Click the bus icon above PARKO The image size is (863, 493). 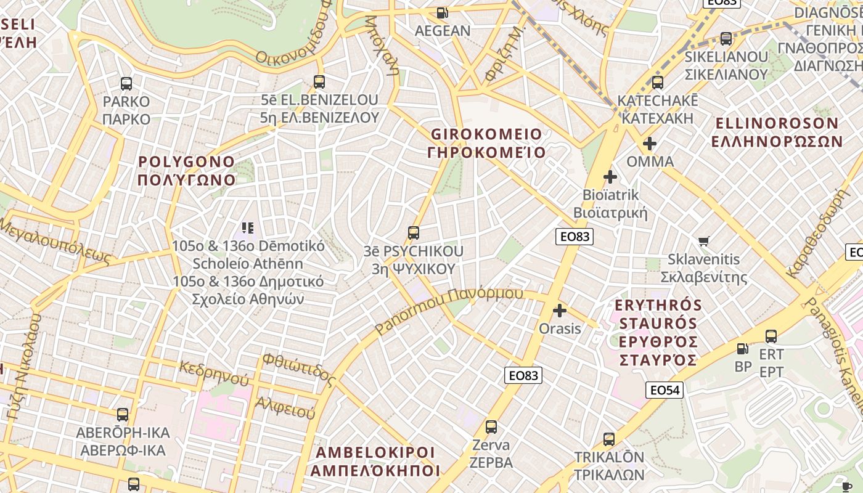pyautogui.click(x=126, y=84)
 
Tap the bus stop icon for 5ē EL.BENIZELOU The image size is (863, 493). pyautogui.click(x=319, y=81)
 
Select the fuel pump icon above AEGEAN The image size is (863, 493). pyautogui.click(x=442, y=12)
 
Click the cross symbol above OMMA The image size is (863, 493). pyautogui.click(x=649, y=144)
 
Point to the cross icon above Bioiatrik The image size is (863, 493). pyautogui.click(x=610, y=177)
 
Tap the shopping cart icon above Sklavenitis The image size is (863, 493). pyautogui.click(x=703, y=241)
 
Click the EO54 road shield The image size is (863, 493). pyautogui.click(x=665, y=389)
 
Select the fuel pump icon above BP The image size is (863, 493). pyautogui.click(x=743, y=349)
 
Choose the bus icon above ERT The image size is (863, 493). pyautogui.click(x=771, y=336)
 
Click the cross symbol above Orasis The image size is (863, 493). pyautogui.click(x=560, y=311)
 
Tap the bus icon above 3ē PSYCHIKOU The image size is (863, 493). pyautogui.click(x=414, y=232)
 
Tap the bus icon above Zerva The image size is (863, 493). pyautogui.click(x=491, y=426)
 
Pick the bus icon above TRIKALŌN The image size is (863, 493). pyautogui.click(x=609, y=439)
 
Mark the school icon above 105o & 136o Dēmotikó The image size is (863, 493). pyautogui.click(x=248, y=228)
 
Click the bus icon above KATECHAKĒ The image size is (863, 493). pyautogui.click(x=657, y=82)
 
